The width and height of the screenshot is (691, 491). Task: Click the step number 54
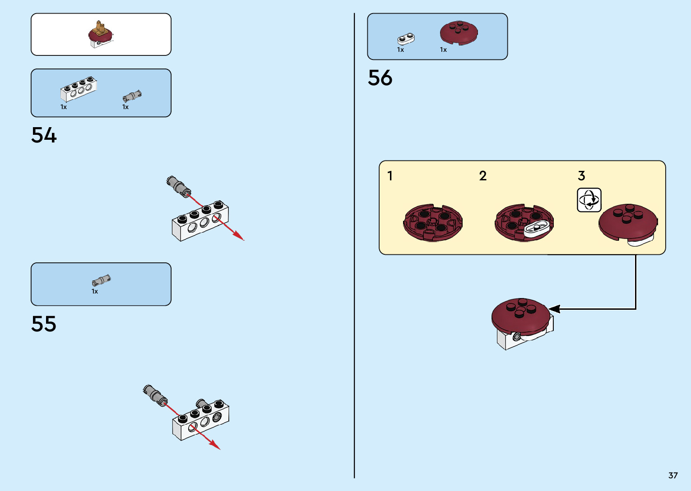(x=44, y=135)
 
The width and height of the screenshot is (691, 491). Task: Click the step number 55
(x=44, y=324)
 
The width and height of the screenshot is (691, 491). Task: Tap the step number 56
(x=380, y=78)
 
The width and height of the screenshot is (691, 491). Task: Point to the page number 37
(x=673, y=475)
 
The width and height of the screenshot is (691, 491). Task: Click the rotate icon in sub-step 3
(x=589, y=200)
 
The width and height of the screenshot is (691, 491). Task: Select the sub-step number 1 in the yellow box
(x=390, y=176)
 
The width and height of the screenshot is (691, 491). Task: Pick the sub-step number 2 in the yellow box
(x=483, y=176)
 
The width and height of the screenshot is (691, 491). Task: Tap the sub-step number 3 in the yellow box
(x=581, y=176)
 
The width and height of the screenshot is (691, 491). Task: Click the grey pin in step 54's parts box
(x=132, y=96)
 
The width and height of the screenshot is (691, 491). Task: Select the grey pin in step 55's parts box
(x=101, y=280)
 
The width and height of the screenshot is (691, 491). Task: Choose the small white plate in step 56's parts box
(x=406, y=39)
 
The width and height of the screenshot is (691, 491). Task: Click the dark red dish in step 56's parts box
(x=459, y=32)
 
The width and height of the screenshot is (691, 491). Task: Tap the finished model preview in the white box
(x=101, y=34)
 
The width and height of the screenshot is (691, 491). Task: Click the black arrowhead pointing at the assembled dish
(x=554, y=309)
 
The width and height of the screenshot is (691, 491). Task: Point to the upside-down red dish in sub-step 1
(x=432, y=223)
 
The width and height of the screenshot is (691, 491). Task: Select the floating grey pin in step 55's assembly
(x=155, y=394)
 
